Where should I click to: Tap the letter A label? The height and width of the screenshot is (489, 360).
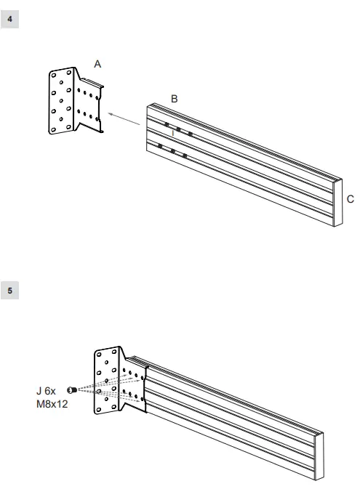coord(97,64)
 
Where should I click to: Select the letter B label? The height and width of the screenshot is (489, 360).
coord(175,98)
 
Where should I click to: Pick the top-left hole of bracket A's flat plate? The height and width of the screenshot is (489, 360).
coord(54,74)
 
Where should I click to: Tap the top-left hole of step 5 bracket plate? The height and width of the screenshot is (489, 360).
coord(100,355)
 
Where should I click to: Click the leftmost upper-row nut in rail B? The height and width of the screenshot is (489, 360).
coord(167,126)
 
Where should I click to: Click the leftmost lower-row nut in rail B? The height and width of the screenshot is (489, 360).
coord(159,147)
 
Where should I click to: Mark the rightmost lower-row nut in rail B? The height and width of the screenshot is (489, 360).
coord(185,155)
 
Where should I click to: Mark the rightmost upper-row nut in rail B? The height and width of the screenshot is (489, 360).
coord(191,134)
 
